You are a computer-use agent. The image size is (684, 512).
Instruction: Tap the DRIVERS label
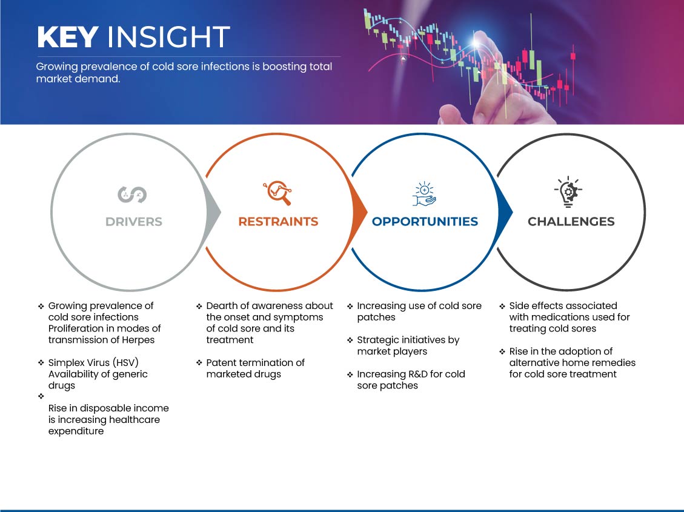(x=134, y=222)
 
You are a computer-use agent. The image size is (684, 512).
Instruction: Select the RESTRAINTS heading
(x=278, y=222)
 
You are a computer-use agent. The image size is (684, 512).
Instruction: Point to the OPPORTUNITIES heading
(x=425, y=222)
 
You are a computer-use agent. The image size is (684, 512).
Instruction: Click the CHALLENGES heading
(x=571, y=222)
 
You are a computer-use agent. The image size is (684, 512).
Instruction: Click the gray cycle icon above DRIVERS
(x=132, y=194)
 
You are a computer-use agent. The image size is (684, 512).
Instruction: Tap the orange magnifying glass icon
(x=277, y=193)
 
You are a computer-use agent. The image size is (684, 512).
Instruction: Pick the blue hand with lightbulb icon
(x=425, y=194)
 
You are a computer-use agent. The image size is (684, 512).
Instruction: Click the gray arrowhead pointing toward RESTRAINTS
(x=214, y=213)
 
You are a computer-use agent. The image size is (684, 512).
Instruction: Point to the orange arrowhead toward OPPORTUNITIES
(x=360, y=213)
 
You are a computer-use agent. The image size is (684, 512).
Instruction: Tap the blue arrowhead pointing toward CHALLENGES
(x=505, y=213)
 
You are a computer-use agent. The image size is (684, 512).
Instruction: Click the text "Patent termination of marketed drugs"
(x=255, y=368)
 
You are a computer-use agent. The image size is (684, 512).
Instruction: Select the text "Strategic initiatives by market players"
(x=408, y=345)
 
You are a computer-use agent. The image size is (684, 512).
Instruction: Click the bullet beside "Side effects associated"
(x=502, y=306)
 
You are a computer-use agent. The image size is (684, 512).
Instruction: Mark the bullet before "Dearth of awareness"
(x=199, y=306)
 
